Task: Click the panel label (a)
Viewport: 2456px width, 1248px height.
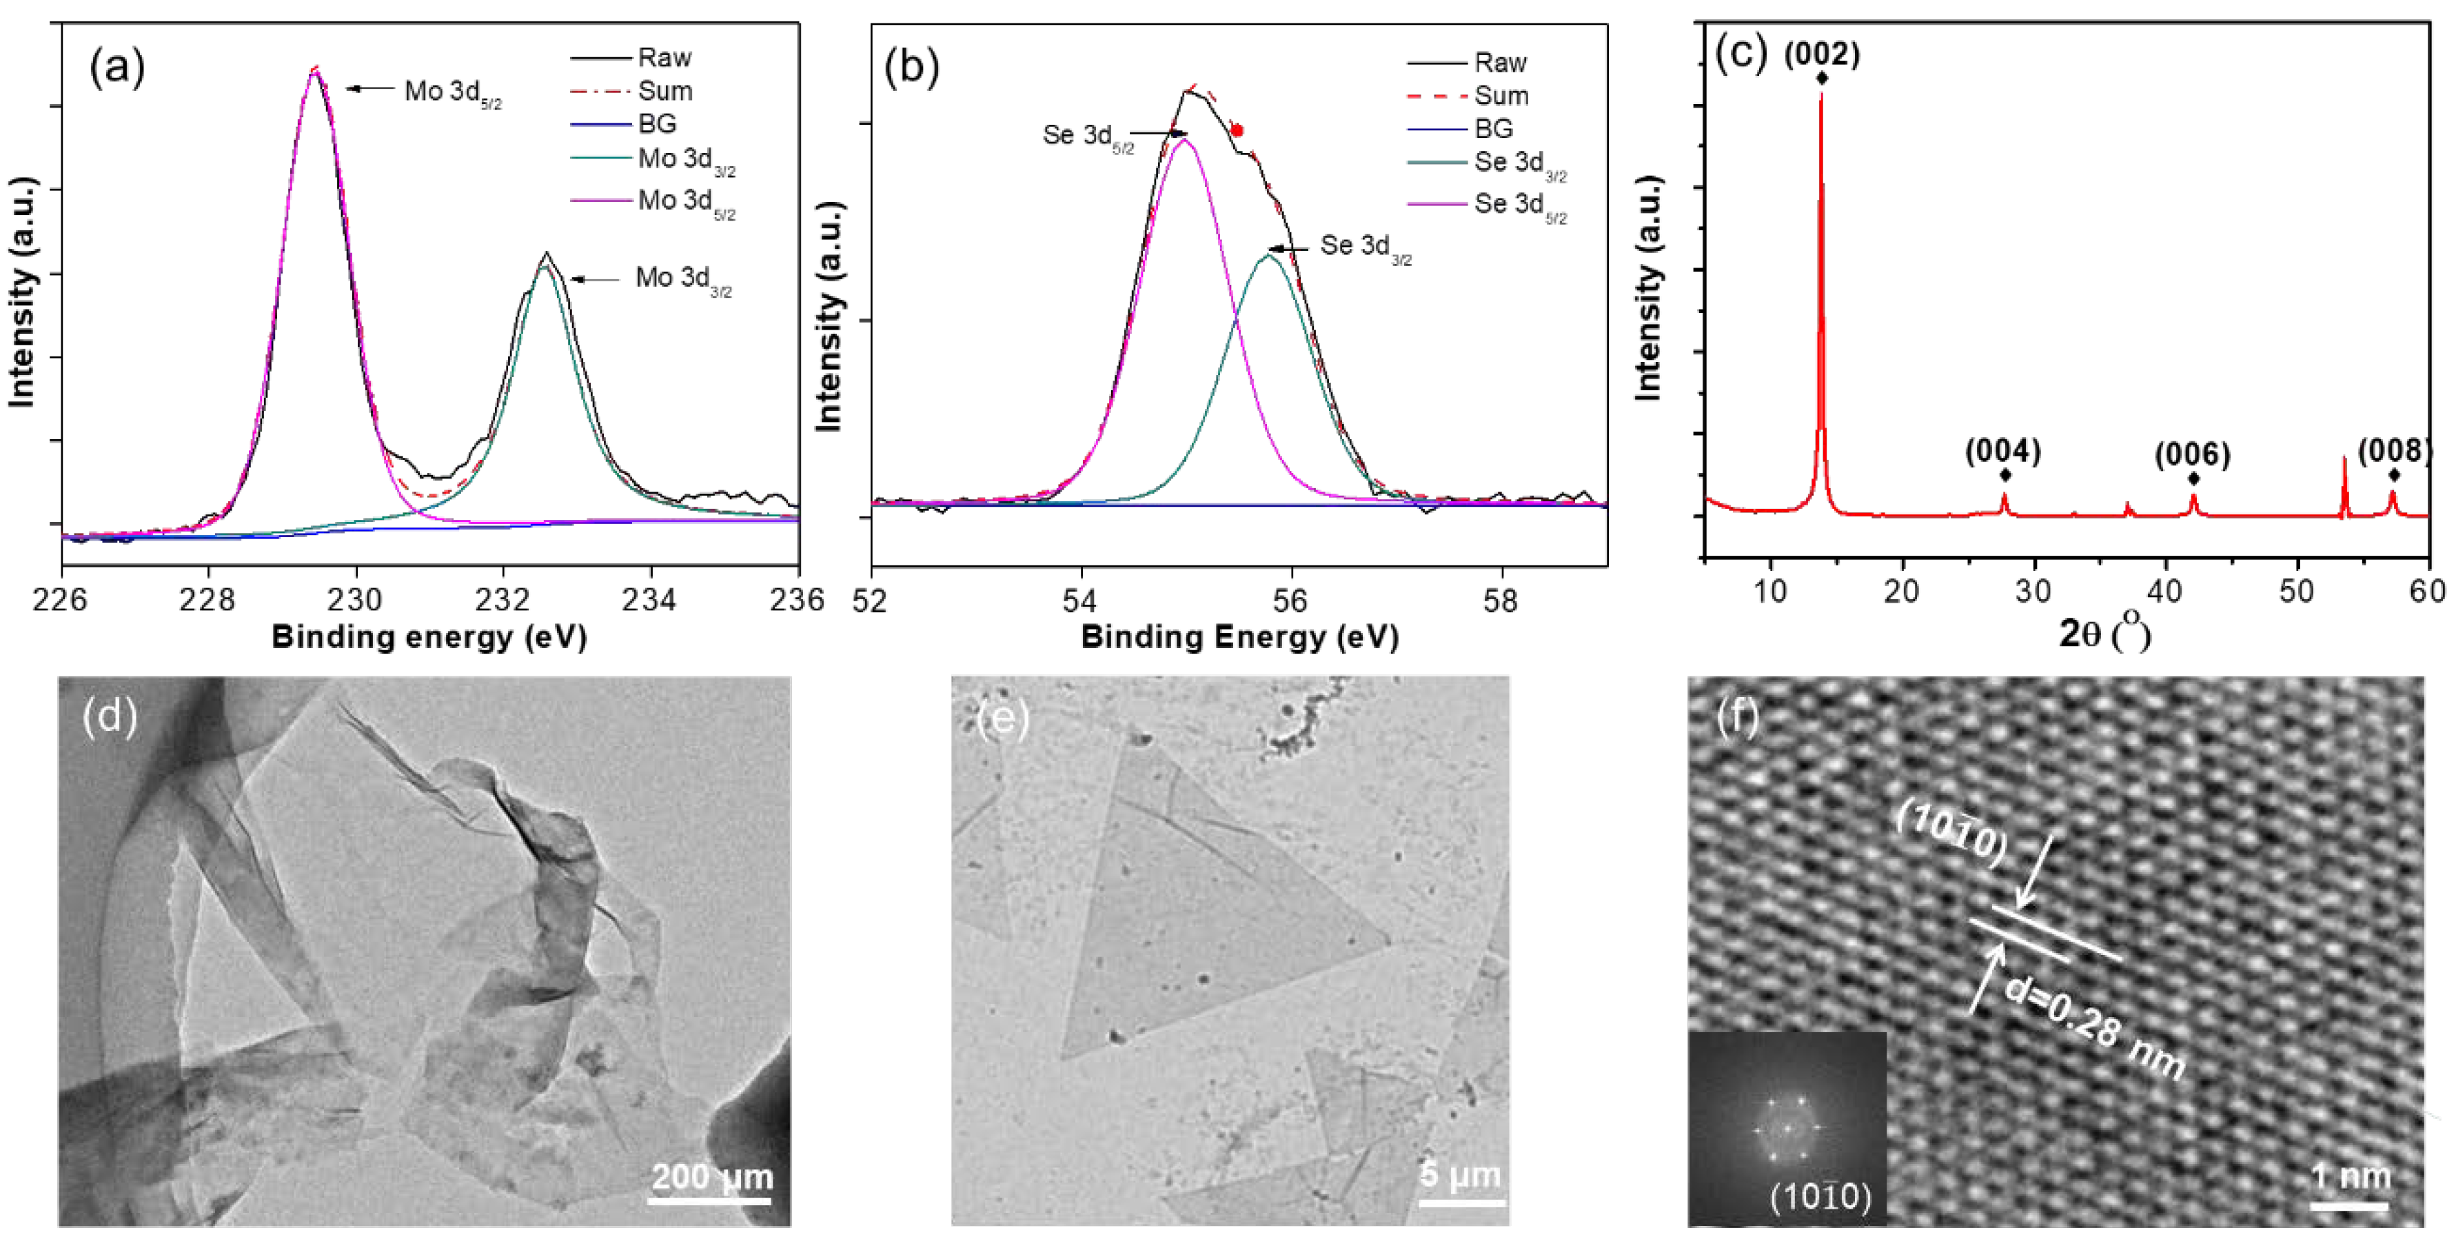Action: [116, 69]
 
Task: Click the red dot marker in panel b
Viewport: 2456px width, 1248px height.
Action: [1237, 130]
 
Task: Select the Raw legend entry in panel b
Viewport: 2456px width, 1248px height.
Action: [1500, 63]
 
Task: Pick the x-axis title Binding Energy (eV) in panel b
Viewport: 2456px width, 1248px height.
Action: [1239, 637]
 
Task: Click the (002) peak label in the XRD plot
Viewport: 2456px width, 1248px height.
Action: [1821, 54]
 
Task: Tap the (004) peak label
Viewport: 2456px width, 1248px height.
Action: [2002, 451]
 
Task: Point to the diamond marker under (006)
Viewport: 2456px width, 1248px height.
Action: [2193, 479]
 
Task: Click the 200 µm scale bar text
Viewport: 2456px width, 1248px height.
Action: [711, 1176]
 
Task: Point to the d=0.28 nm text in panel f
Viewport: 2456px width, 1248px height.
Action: [2093, 1029]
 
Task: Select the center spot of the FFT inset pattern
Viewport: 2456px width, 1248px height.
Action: [1787, 1129]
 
